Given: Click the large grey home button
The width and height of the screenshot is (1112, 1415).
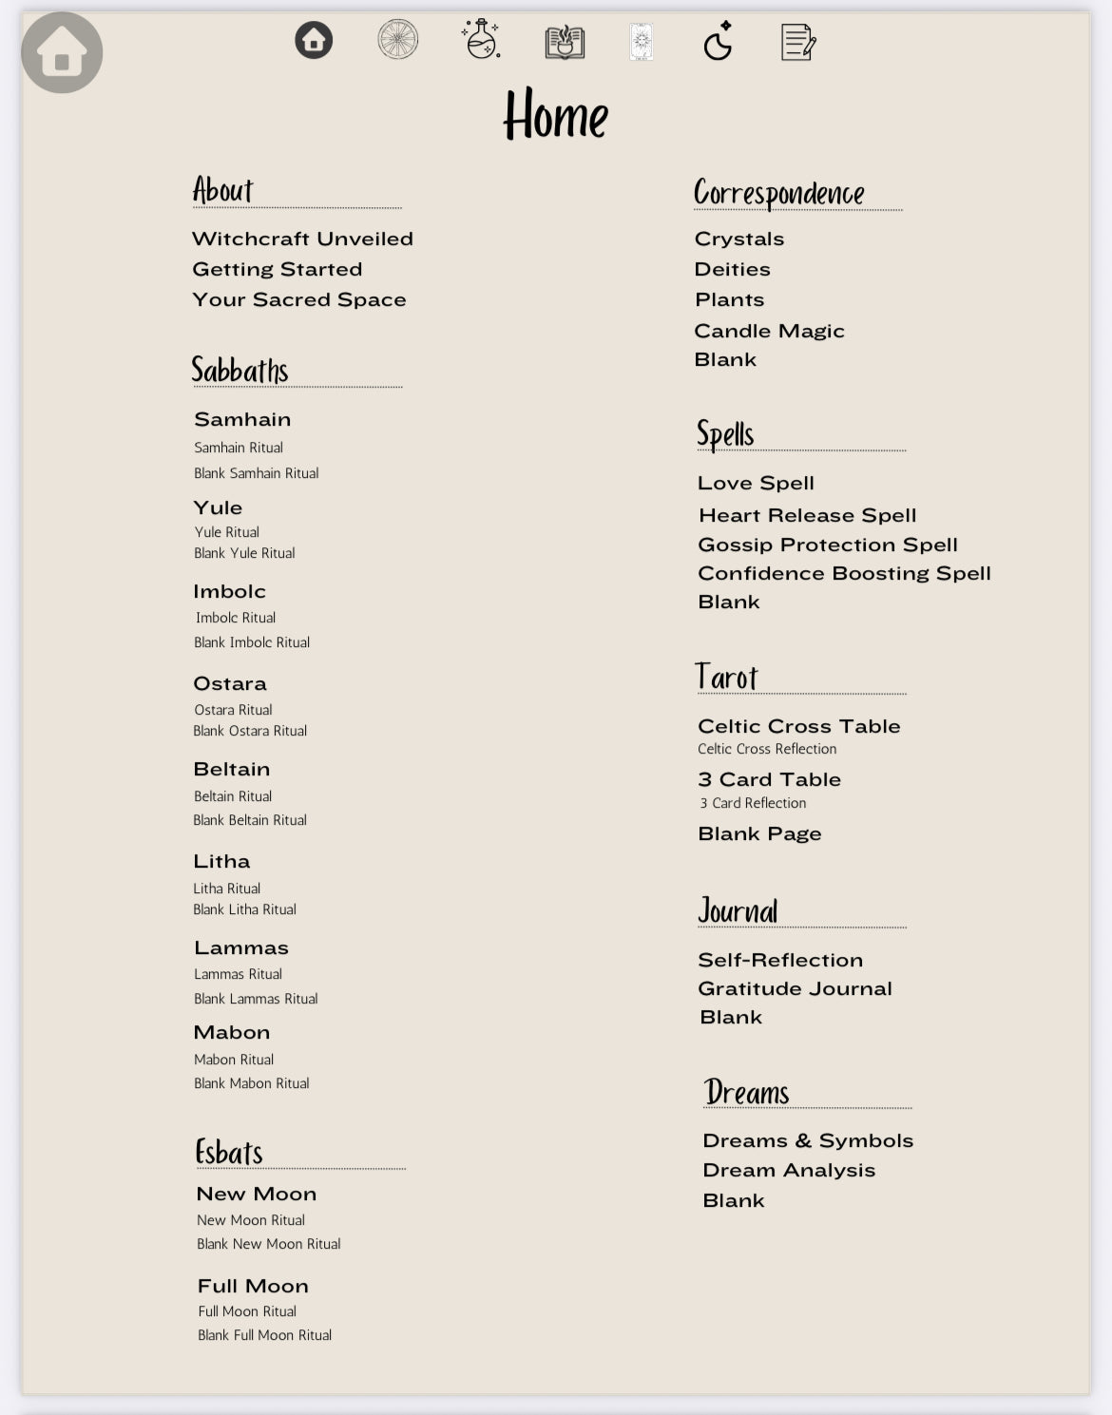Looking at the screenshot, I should coord(62,53).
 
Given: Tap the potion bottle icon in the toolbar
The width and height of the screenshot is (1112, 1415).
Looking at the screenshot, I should coord(482,40).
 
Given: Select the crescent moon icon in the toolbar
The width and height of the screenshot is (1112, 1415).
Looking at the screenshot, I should coord(718,41).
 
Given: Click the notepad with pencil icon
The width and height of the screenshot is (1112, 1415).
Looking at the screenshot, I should coord(797,42).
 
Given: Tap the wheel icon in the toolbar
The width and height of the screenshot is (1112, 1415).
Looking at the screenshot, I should coord(397,40).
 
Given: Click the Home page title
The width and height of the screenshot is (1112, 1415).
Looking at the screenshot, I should coord(556,116).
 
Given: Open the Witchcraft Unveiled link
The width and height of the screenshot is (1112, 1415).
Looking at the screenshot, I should coord(302,239).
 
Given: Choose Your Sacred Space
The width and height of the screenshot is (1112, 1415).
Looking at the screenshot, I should coord(298,299).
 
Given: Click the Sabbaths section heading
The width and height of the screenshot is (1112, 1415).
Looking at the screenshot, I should coord(240,370).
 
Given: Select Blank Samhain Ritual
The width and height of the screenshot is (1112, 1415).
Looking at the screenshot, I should coord(256,473).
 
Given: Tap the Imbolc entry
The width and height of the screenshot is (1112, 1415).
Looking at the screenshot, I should coord(229,591).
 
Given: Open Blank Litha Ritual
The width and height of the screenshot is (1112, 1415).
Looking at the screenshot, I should coord(244,909).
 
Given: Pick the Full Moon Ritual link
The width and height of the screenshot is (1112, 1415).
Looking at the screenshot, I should coord(247,1311).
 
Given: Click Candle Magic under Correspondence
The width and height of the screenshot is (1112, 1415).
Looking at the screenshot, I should coord(769,331).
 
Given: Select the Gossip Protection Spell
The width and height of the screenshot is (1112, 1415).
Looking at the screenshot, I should coord(827,545).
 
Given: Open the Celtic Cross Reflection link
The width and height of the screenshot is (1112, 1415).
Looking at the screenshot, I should coord(767,749).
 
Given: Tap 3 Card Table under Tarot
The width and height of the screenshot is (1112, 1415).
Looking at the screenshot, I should coord(769,779).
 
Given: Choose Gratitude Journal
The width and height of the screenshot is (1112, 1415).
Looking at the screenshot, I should coord(795,988).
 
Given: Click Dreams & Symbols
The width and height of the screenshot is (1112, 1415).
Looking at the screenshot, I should coord(808,1140).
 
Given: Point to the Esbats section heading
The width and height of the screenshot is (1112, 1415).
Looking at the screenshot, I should coord(229,1152).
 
